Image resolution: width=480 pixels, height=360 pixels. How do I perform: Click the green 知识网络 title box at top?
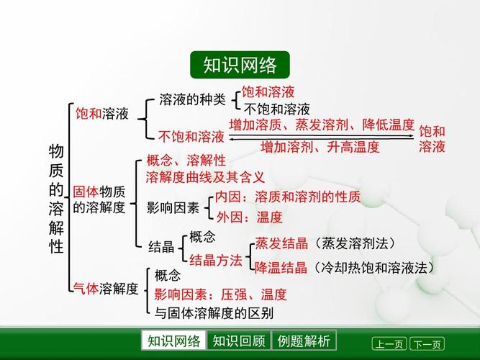pos(240,65)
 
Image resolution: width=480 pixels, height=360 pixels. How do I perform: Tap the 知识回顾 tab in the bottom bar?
pos(238,341)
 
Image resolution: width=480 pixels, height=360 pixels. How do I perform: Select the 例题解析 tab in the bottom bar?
pos(304,341)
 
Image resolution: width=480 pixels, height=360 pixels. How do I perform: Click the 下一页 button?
pos(426,344)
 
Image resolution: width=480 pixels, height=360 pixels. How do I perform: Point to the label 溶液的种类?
pos(192,99)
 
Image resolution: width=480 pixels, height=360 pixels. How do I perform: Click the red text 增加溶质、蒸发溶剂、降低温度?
pos(322,125)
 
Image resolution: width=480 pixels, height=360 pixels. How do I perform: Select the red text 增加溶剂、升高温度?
pos(320,147)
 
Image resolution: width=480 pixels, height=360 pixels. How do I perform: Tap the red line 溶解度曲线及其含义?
pos(205,176)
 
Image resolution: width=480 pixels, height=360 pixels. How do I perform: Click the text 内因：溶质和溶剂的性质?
pos(288,197)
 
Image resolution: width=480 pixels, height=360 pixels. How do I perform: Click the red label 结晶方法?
pos(216,261)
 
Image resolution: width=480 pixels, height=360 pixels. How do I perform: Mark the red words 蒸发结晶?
pos(281,243)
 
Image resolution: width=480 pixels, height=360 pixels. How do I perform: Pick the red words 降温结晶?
pos(281,267)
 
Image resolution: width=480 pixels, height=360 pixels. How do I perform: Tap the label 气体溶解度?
pos(106,289)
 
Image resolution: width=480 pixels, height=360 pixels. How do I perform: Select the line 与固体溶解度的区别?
pos(214,313)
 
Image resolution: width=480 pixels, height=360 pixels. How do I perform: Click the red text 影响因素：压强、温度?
pos(220,294)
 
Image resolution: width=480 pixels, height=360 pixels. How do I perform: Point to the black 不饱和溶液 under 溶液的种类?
pos(276,109)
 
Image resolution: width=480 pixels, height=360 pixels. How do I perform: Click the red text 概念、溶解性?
pos(186,160)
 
